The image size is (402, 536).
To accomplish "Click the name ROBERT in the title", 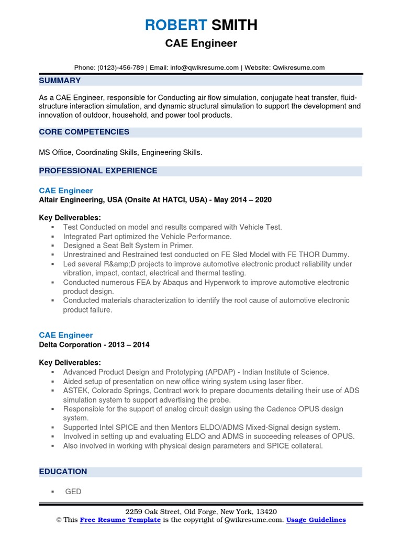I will pos(175,25).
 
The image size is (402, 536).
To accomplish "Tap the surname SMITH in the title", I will pos(233,25).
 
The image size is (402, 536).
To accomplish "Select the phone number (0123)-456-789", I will pos(120,68).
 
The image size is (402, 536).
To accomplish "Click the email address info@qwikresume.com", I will pos(204,68).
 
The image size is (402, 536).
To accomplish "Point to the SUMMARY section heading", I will pos(60,81).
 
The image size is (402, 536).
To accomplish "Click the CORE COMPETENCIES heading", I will pos(84,132).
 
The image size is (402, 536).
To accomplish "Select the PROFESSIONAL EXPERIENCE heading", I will pos(98,171).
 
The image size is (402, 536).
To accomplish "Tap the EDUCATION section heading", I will pos(63,472).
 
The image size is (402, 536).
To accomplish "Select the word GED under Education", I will pos(73,492).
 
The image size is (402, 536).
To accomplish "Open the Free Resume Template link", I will pos(120,520).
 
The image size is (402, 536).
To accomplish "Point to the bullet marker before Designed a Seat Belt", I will pos(53,246).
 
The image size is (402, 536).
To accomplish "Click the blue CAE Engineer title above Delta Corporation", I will pos(66,335).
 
